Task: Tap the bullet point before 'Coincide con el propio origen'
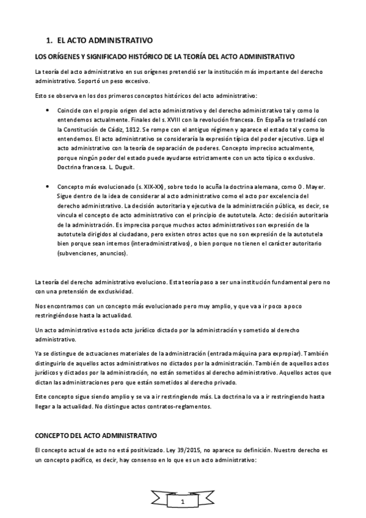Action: pyautogui.click(x=48, y=110)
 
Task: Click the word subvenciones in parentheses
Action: pyautogui.click(x=77, y=254)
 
